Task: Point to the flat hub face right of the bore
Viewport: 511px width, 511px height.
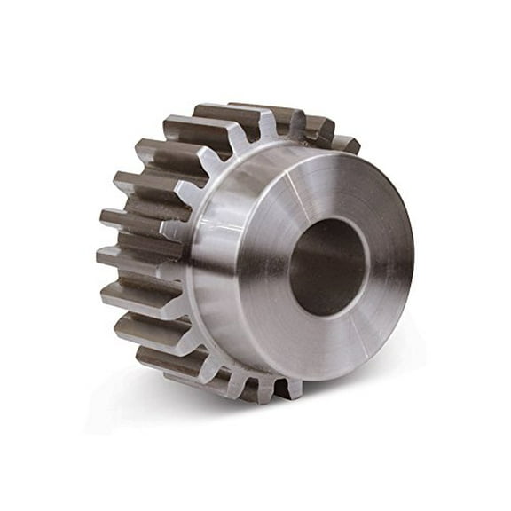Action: [x=390, y=266]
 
